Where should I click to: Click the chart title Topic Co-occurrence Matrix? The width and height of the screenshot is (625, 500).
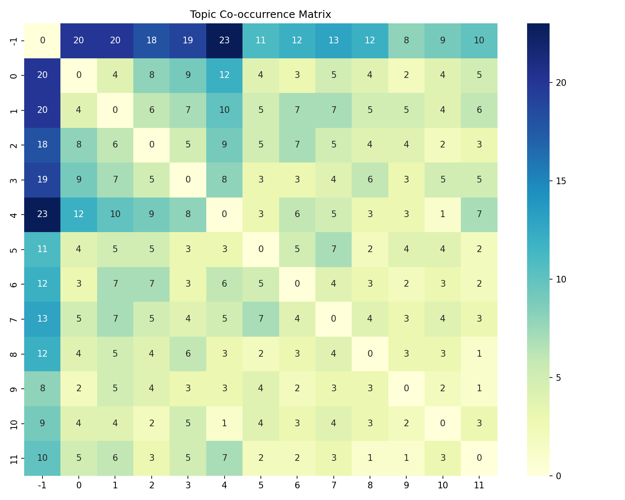click(x=260, y=15)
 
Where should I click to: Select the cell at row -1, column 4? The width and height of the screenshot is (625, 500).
click(x=224, y=40)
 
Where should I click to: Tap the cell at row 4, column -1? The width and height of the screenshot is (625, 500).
click(x=42, y=214)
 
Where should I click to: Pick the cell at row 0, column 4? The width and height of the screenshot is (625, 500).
click(x=224, y=75)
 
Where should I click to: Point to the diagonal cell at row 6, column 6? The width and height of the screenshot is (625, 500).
click(x=297, y=284)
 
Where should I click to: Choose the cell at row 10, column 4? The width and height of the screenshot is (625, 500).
click(x=224, y=423)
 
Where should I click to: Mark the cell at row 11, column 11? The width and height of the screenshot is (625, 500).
click(x=479, y=458)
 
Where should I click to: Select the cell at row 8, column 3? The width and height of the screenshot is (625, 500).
click(x=188, y=353)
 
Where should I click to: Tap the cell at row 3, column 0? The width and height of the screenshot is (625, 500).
click(x=79, y=180)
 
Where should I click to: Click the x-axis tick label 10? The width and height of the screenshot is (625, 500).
click(x=442, y=485)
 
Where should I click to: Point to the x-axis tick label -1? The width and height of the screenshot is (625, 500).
click(x=42, y=485)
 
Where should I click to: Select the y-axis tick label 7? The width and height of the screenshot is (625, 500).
click(x=14, y=319)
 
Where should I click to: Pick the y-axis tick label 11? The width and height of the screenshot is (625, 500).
click(x=14, y=458)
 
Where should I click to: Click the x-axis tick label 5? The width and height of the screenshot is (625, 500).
click(x=260, y=485)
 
